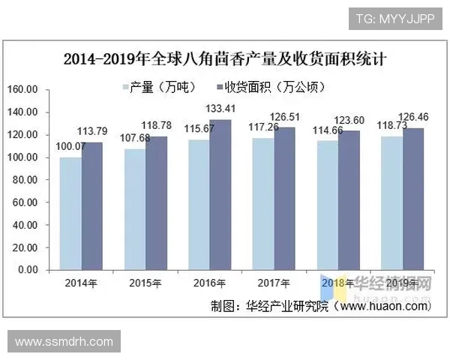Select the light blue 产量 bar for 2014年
coord(70,213)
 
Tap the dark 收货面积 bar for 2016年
coord(220,194)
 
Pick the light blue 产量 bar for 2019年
coord(391,202)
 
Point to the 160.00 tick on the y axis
coord(22,89)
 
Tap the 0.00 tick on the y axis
coord(27,270)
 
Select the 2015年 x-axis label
coord(145,283)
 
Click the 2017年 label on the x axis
coord(274,283)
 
